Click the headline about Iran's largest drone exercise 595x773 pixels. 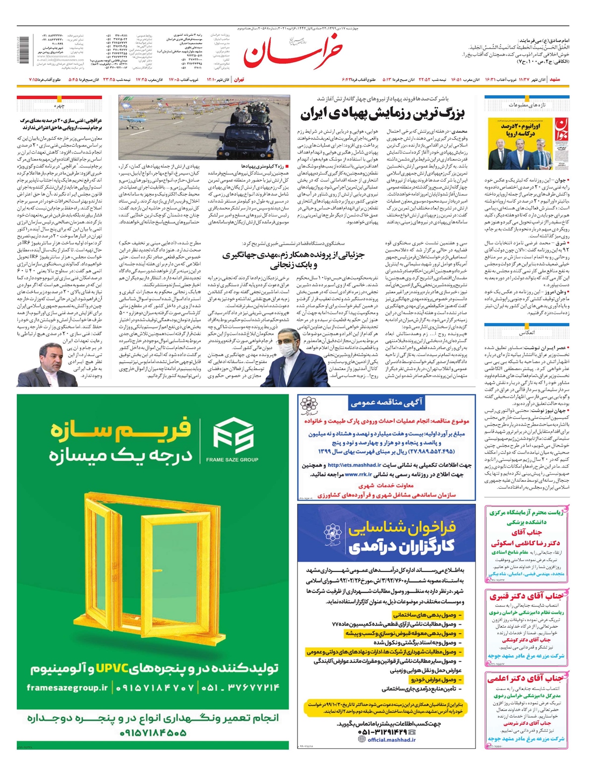tap(382, 113)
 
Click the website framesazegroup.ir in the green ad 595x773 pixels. tap(67, 688)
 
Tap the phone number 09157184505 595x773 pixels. tap(153, 732)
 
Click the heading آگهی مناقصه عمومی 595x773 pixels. tap(387, 403)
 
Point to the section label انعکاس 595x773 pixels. tap(527, 332)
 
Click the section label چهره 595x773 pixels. tap(59, 106)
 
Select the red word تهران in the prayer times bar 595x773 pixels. tap(239, 79)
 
